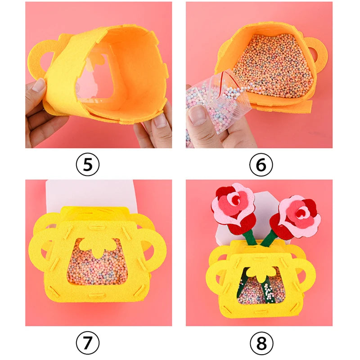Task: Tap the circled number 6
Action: [x=261, y=165]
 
